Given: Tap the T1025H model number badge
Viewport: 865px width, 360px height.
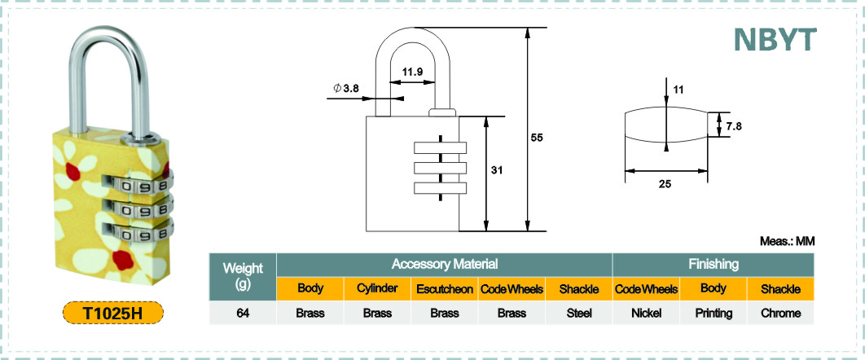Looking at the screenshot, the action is click(113, 313).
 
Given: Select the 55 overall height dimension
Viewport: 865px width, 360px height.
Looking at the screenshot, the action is click(538, 138).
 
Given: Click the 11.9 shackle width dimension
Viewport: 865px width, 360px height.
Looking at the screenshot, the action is click(413, 71).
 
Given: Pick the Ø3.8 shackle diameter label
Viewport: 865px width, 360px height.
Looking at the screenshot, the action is click(346, 88).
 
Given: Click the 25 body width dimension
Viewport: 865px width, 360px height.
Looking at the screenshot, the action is click(665, 185).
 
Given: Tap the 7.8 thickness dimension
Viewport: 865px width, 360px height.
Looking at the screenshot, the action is click(734, 126).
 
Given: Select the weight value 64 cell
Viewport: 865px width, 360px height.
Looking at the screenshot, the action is click(243, 313).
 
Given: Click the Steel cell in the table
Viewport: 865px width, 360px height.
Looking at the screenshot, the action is click(579, 313).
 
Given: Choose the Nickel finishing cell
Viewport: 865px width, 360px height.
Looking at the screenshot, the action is click(646, 313).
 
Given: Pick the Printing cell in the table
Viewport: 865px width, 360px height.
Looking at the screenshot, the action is click(714, 313).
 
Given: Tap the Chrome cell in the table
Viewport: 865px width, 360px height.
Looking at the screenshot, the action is click(780, 313).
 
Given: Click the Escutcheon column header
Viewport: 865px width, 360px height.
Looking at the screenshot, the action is click(445, 289).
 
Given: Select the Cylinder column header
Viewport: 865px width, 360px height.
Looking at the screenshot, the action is click(377, 289).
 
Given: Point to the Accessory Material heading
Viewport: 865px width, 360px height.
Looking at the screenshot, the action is click(445, 264).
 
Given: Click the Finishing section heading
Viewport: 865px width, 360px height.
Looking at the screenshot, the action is click(714, 264).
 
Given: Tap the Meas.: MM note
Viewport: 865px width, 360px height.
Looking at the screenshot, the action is click(788, 241).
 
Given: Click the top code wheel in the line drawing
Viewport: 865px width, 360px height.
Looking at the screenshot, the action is click(440, 147).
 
